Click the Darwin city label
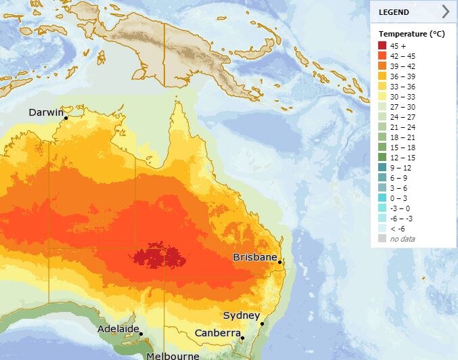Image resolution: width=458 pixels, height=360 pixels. (45, 112)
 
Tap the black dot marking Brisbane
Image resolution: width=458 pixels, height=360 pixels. (280, 263)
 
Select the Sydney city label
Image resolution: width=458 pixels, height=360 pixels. (242, 316)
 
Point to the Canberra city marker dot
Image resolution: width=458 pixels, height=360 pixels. (242, 338)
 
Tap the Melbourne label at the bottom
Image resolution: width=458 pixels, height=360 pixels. (174, 355)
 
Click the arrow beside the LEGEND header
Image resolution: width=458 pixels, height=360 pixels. (445, 11)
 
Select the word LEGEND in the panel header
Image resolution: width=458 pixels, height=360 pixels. (394, 12)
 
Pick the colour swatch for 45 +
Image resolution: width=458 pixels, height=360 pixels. (382, 46)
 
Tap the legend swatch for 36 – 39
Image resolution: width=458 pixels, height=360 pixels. (382, 78)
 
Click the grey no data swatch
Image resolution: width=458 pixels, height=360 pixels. (382, 239)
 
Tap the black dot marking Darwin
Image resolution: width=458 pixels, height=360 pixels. (66, 118)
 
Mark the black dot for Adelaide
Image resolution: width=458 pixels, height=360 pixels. (141, 334)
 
